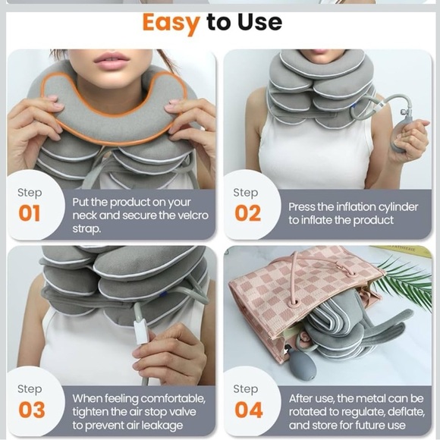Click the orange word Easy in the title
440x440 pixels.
coord(171,23)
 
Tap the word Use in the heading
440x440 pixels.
coord(260,22)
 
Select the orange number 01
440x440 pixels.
coord(30,213)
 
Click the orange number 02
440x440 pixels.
coord(248,213)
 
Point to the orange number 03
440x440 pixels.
coord(32,410)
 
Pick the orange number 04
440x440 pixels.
coord(249,410)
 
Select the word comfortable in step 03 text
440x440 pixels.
coord(173,399)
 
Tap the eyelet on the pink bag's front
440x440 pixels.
coord(295,303)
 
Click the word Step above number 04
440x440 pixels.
coord(246,389)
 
